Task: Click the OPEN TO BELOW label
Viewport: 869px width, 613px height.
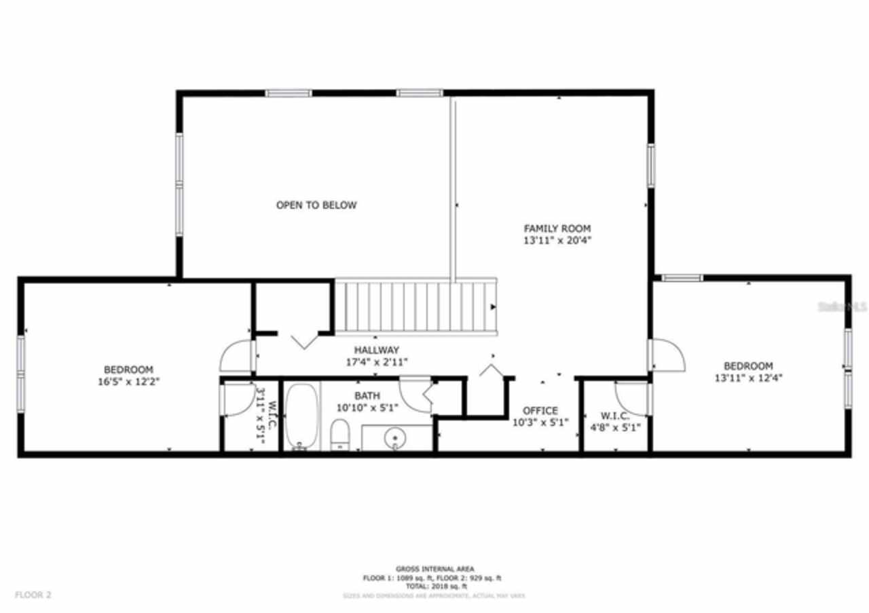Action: (x=316, y=205)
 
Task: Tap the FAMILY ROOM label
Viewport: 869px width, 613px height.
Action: (x=557, y=229)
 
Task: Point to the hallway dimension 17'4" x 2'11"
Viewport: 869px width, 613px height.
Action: (x=377, y=361)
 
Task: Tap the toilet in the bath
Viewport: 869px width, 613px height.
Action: (x=339, y=434)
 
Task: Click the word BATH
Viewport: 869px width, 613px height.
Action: (x=367, y=396)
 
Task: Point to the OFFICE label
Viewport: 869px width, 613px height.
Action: (x=540, y=410)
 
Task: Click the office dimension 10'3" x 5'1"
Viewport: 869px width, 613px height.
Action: (x=540, y=422)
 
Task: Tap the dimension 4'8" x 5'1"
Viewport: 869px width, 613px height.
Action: (x=616, y=427)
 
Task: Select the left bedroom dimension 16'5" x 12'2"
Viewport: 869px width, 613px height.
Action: (x=128, y=381)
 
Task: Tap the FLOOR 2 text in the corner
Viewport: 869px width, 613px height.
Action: (x=33, y=595)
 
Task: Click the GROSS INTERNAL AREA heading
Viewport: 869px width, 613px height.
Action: (x=435, y=569)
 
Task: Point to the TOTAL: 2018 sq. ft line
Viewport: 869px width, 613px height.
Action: (x=435, y=586)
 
